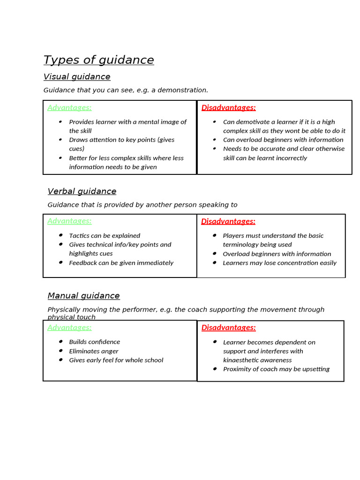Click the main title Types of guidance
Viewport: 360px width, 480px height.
(98, 60)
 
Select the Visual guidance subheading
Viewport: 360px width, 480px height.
(77, 76)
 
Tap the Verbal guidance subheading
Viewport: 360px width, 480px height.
(82, 191)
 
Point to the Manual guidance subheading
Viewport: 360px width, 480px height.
(83, 296)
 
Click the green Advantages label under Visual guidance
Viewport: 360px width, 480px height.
(69, 107)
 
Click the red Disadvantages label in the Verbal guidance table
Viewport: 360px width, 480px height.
(228, 221)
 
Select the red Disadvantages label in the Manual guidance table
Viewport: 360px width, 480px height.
(228, 328)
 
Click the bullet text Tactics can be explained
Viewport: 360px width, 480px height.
(105, 236)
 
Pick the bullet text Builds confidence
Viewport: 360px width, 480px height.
(94, 342)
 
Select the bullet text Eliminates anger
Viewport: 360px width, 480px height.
(94, 351)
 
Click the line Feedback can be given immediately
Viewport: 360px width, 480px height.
(121, 263)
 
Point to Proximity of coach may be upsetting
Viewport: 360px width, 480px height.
(276, 369)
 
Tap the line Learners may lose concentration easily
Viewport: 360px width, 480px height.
(279, 263)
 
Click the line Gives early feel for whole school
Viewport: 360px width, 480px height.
(116, 360)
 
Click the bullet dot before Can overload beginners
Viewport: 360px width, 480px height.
(214, 139)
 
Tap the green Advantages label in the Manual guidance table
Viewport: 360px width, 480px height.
(69, 327)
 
